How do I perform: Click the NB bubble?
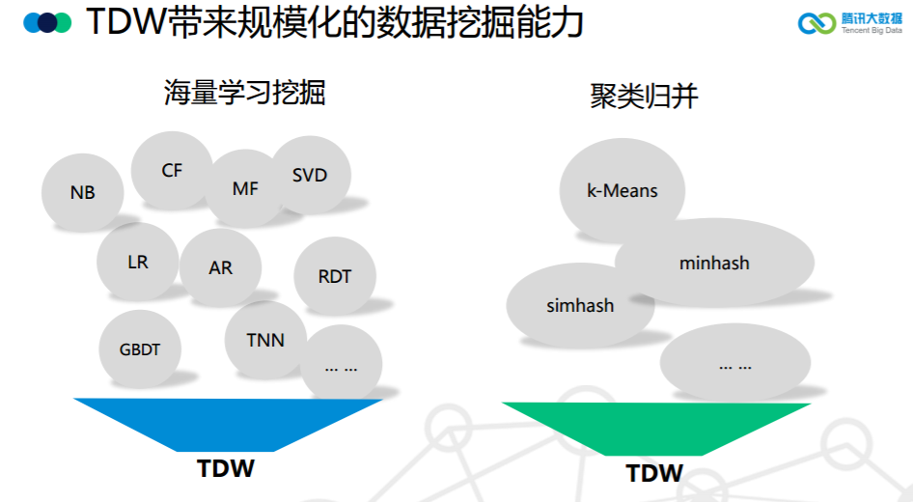pos(83,192)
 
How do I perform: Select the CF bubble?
pos(172,171)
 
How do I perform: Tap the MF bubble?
pos(245,188)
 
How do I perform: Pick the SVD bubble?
pos(310,176)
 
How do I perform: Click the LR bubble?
pos(137,262)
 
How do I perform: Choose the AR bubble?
pos(220,267)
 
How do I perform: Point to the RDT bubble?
pos(334,276)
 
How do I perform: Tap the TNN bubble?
pos(265,340)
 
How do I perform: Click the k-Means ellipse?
pos(622,190)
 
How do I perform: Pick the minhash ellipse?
pos(714,263)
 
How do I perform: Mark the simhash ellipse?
pos(580,306)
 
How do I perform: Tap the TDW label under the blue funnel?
pos(226,469)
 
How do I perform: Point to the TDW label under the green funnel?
pos(654,474)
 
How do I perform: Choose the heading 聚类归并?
pos(644,97)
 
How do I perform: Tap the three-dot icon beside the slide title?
pos(47,23)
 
